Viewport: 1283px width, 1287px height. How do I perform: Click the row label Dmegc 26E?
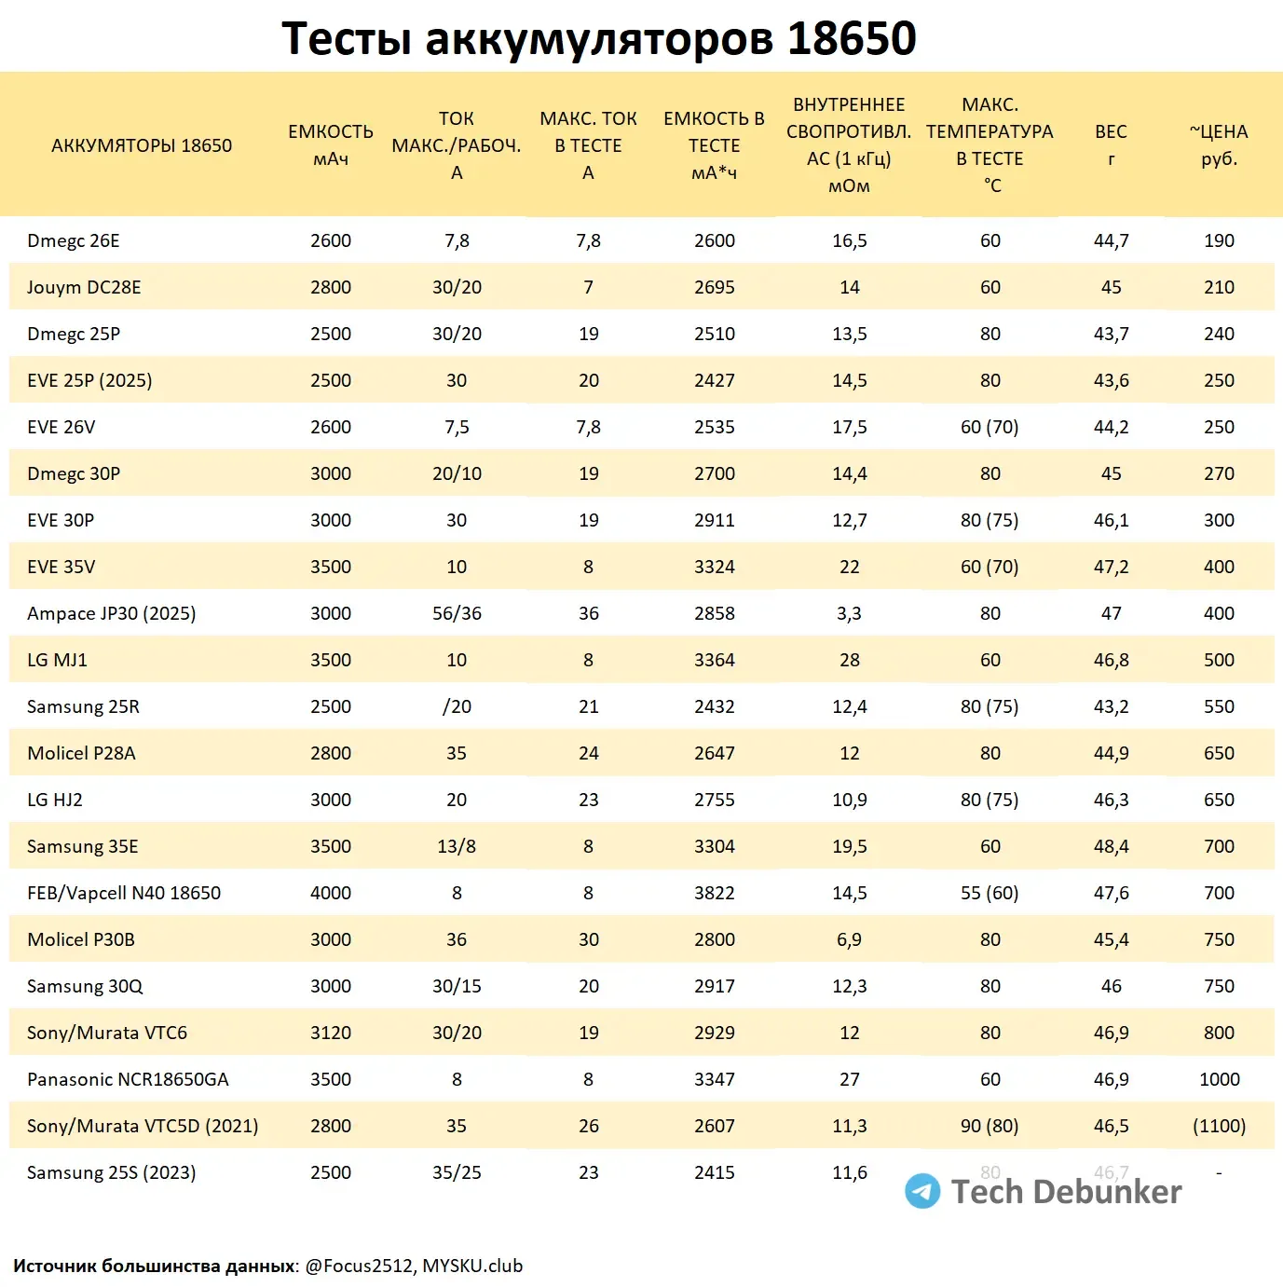coord(74,240)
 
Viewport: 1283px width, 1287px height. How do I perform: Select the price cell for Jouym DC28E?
coord(1219,287)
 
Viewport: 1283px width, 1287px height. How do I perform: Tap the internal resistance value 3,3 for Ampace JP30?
coord(849,613)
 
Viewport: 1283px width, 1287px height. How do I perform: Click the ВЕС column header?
coord(1111,144)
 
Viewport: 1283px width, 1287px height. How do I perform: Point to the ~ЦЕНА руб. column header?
coord(1219,144)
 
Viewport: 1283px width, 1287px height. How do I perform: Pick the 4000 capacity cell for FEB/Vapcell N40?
coord(331,893)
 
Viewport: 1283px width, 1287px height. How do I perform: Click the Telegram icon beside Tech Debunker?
coord(922,1191)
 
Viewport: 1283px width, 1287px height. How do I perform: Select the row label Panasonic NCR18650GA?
coord(128,1079)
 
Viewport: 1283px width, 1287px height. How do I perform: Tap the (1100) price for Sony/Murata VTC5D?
coord(1219,1126)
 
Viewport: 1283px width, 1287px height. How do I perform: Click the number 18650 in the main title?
coord(852,38)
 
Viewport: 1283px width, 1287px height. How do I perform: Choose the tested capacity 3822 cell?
coord(715,893)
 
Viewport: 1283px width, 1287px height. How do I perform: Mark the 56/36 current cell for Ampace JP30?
coord(457,613)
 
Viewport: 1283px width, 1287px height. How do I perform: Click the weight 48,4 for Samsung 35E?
coord(1111,846)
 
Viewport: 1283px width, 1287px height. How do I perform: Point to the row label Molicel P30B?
coord(81,939)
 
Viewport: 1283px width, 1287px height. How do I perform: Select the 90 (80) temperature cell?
coord(990,1126)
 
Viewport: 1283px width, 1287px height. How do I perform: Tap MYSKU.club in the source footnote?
coord(472,1266)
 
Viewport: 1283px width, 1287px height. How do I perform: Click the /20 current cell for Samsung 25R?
coord(457,706)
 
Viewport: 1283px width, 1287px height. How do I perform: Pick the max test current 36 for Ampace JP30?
coord(588,613)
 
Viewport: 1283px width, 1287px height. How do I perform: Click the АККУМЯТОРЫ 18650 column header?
coord(142,145)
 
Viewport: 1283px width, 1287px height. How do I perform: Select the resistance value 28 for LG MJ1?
coord(849,660)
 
